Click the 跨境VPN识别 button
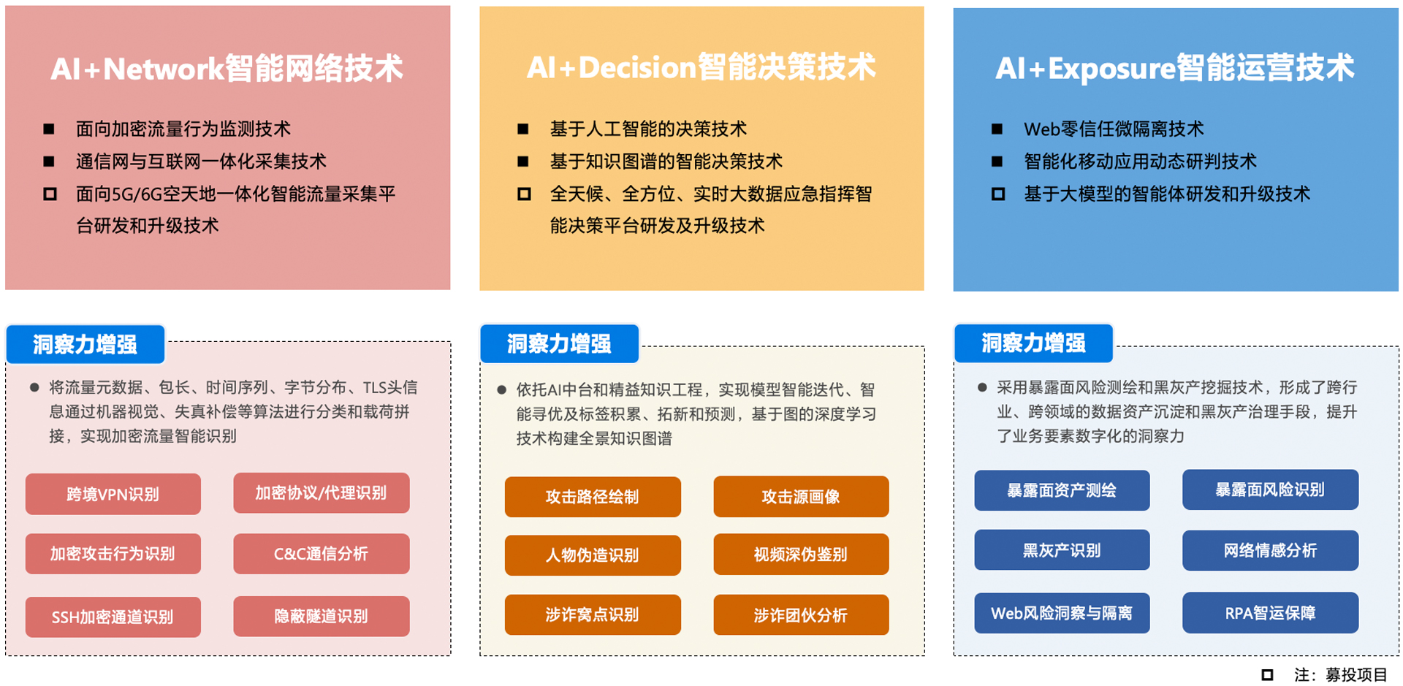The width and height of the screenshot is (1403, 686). coord(113,494)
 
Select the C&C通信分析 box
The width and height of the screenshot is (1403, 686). coord(322,554)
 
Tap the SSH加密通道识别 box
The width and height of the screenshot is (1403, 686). coord(113,617)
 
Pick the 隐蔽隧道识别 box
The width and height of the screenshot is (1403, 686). coord(322,617)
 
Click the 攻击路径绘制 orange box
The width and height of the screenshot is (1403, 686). coord(593,497)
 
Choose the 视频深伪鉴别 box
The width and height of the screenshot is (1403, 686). coord(801,554)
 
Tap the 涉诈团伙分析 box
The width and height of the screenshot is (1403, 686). coord(801,615)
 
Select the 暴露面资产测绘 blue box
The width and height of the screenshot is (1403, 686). coord(1062,490)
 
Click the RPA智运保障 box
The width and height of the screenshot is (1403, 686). coord(1271,613)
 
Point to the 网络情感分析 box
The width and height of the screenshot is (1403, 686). coord(1271,550)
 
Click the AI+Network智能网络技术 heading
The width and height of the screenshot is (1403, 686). coord(227,69)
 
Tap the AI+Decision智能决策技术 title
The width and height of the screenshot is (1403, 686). coord(701,67)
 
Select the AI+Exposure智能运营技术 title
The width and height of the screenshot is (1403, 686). coord(1175,68)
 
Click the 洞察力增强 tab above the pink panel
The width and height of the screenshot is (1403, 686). coord(85,344)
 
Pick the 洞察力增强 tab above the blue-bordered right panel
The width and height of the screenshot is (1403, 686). coord(1033,343)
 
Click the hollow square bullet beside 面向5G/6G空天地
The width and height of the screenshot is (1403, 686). coord(50,194)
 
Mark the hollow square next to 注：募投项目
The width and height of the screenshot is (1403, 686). coord(1267,675)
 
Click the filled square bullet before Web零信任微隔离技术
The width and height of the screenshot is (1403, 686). coord(997,129)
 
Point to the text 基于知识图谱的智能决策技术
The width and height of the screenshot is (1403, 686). coord(666,161)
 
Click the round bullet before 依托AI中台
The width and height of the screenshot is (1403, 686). coord(501,389)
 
